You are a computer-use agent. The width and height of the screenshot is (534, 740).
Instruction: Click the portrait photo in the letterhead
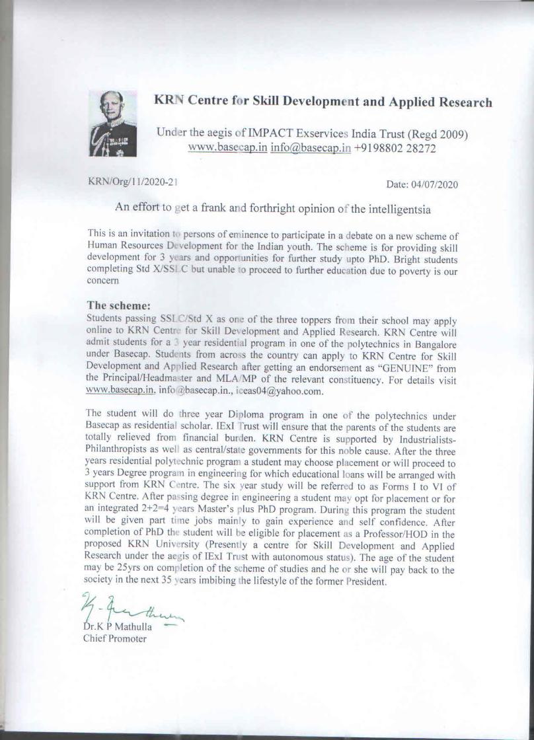pyautogui.click(x=113, y=123)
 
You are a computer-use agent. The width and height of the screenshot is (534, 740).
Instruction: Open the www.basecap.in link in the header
pyautogui.click(x=227, y=148)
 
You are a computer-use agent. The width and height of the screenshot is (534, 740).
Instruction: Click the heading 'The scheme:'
pyautogui.click(x=119, y=306)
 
